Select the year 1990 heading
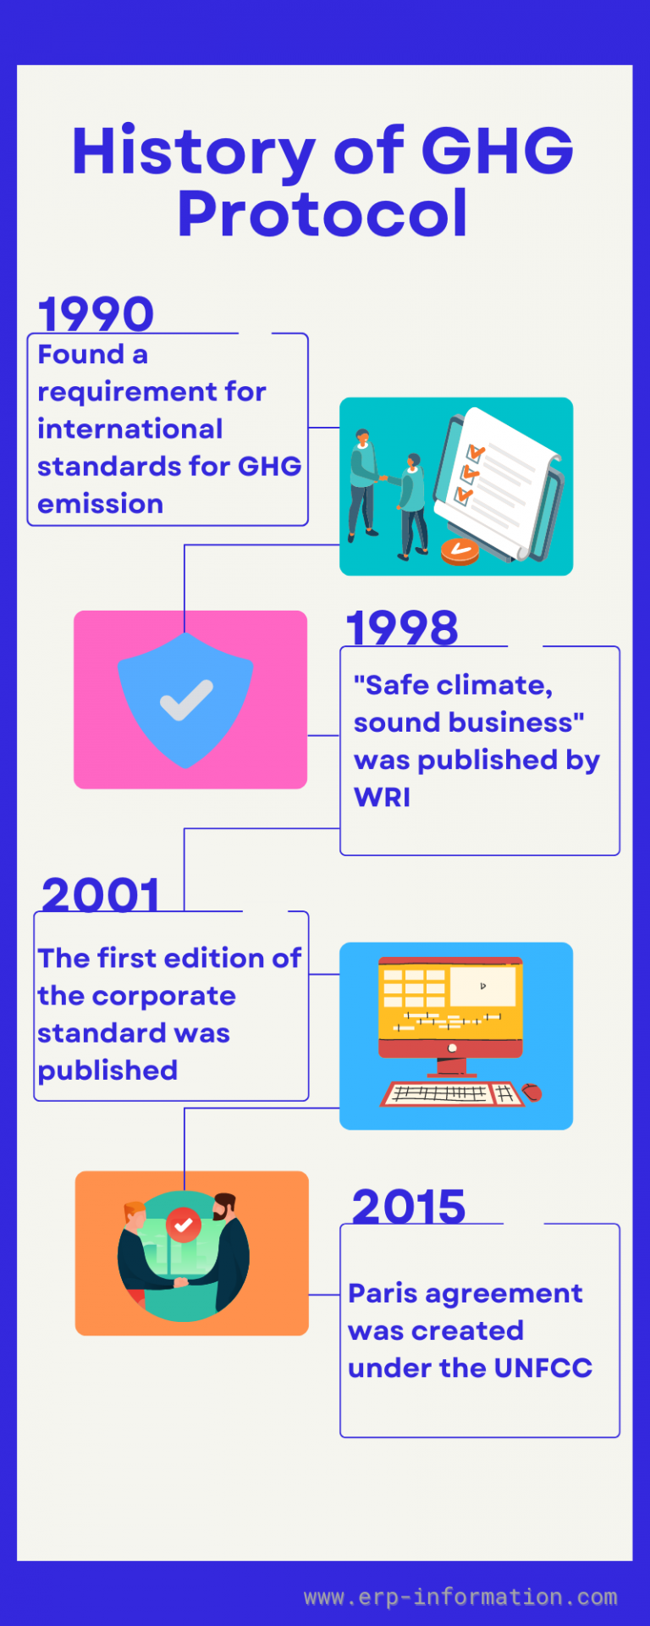[96, 314]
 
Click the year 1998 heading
[402, 628]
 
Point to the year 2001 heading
[101, 895]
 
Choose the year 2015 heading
[409, 1207]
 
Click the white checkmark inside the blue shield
[186, 700]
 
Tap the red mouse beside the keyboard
[532, 1092]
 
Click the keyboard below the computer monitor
[447, 1093]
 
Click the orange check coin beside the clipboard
[460, 550]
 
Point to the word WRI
[382, 798]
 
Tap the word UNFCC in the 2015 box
[543, 1369]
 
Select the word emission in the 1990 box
[100, 504]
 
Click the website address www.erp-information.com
[460, 1597]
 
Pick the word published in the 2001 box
[107, 1070]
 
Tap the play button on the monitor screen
[482, 986]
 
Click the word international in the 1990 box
[129, 429]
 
